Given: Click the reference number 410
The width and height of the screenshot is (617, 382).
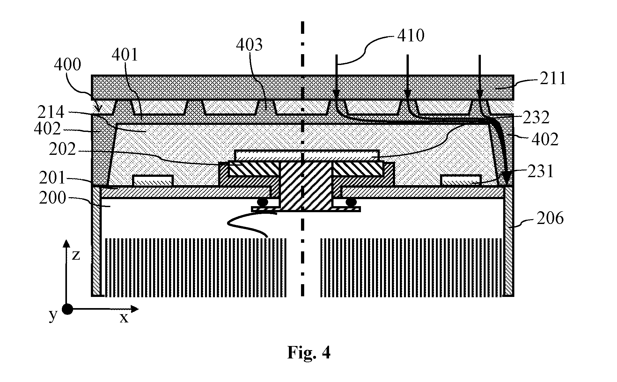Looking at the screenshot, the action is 411,36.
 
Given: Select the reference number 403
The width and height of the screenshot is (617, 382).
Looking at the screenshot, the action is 249,45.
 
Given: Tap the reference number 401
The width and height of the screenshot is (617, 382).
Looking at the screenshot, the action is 125,55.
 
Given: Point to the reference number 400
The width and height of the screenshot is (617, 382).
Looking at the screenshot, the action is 67,65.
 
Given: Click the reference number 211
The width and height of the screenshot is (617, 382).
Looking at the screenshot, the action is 553,78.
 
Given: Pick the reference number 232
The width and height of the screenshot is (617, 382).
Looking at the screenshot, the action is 536,118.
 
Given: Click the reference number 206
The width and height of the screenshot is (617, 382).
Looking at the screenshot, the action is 550,219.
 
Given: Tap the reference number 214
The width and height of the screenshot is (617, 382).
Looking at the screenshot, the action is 51,112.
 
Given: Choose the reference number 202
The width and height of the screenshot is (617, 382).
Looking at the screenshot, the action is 62,149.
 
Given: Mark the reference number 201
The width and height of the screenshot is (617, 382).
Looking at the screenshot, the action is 53,178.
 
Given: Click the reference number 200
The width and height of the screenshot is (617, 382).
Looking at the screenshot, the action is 53,198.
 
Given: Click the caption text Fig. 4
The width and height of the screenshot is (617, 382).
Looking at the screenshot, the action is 309,352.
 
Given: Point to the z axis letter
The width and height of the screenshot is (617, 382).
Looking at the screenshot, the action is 76,255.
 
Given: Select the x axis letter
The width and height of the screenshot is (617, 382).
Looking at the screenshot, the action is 124,318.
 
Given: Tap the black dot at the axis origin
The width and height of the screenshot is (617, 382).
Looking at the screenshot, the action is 67,309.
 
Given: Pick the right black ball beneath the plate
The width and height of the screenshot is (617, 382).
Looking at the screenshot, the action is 351,202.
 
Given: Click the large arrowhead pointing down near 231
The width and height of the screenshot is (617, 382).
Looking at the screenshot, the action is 506,178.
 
